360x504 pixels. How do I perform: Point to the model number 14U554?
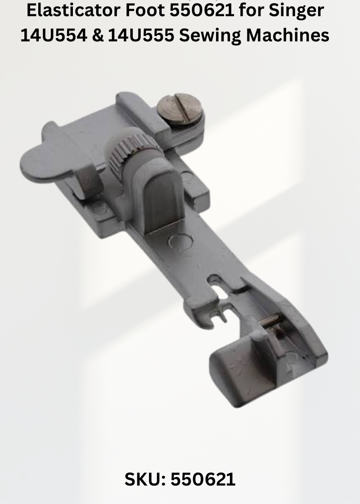(54, 35)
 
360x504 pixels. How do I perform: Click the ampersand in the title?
(98, 35)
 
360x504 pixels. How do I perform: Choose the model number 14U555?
(141, 35)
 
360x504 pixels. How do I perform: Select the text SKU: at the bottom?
(145, 479)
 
